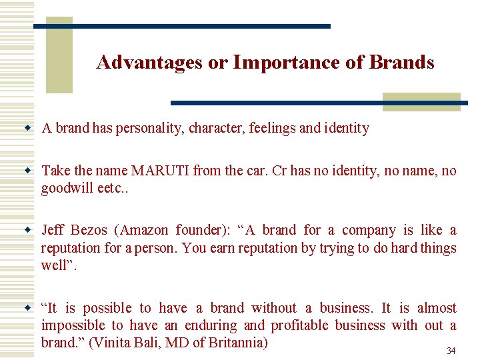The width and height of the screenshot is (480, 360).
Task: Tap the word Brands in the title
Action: tap(401, 63)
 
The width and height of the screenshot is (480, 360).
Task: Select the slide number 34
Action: tap(451, 351)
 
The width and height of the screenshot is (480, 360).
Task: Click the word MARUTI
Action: tap(160, 171)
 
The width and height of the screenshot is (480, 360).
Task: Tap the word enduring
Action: tap(211, 325)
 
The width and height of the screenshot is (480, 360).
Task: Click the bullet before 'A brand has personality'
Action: tap(28, 128)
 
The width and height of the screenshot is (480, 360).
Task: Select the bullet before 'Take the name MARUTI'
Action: tap(28, 171)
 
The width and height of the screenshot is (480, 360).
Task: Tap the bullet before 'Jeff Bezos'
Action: tap(28, 231)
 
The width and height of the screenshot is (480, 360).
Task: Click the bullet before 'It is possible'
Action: tap(28, 308)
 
